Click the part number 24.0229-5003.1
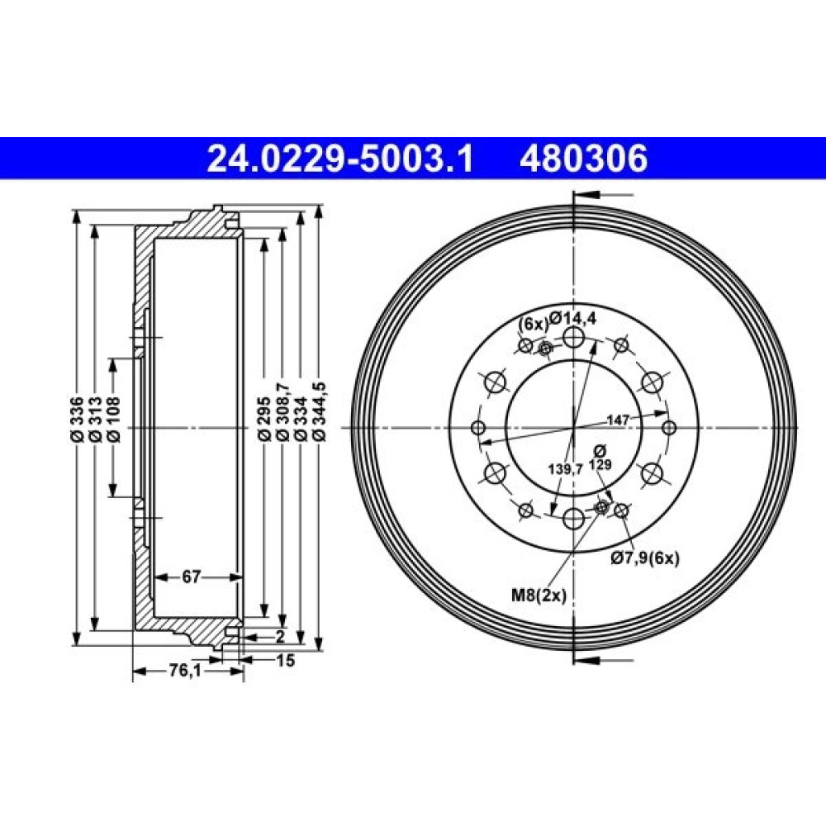point(341,159)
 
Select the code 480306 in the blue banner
point(584,159)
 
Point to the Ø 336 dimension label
point(77,419)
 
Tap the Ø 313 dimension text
point(95,419)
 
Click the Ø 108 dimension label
point(112,419)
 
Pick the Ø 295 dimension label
point(264,419)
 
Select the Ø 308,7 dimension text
point(282,411)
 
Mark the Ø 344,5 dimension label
point(319,411)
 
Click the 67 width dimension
point(192,577)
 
